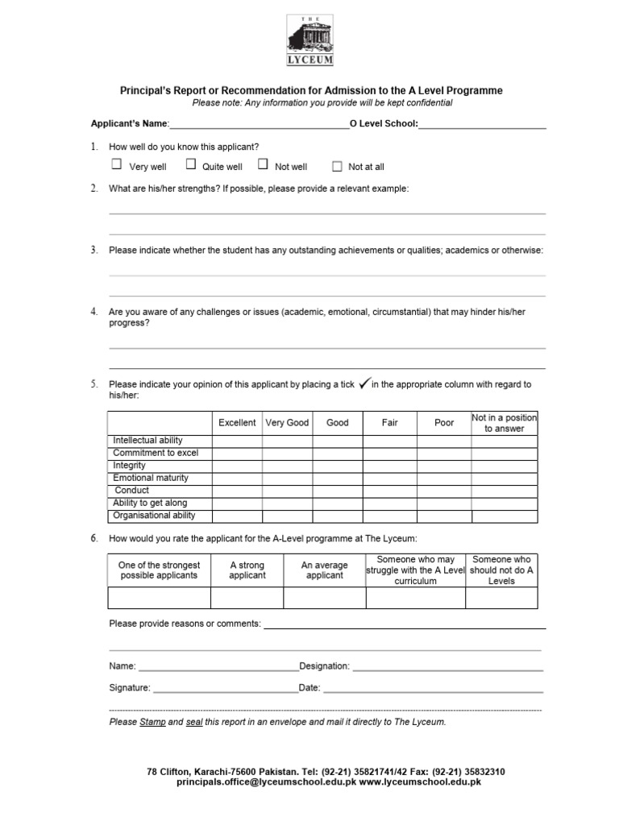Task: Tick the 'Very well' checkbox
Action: [x=116, y=164]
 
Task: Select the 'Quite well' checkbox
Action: [x=191, y=164]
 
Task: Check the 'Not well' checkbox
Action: [x=263, y=164]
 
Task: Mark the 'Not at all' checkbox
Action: [x=337, y=166]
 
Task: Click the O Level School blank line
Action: [x=482, y=125]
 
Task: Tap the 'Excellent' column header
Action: [x=237, y=423]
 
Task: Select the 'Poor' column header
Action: [x=444, y=423]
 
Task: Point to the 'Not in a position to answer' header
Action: [x=505, y=423]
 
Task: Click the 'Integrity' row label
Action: [x=130, y=466]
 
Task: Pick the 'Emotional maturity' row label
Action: [x=151, y=478]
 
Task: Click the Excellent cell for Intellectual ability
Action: [x=237, y=441]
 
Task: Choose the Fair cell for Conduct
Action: [x=390, y=491]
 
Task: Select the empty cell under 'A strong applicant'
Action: [x=247, y=598]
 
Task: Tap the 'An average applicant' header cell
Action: [x=325, y=570]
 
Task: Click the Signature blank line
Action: [x=225, y=689]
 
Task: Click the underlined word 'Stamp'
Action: [x=152, y=722]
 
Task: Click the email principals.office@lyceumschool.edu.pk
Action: [x=266, y=782]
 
